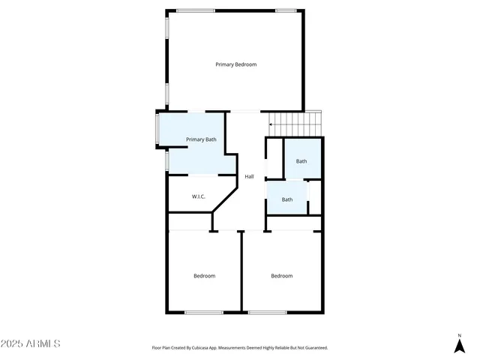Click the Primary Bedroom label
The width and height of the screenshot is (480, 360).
pos(236,64)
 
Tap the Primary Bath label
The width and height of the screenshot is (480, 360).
pos(201,139)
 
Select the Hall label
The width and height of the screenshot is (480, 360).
pos(249,177)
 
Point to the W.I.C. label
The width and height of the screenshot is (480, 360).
pos(199,196)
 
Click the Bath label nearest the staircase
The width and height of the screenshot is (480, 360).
pos(301,161)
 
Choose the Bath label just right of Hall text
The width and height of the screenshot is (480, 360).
pos(287,199)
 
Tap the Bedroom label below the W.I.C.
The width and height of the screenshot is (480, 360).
pos(204,276)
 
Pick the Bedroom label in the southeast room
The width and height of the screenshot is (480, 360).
pos(282,276)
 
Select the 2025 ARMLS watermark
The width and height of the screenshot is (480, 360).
pos(31,343)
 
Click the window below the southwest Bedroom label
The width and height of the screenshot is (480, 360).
pos(204,312)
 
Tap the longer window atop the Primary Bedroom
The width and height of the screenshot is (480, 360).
pos(196,10)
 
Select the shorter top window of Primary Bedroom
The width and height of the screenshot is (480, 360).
pos(285,10)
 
